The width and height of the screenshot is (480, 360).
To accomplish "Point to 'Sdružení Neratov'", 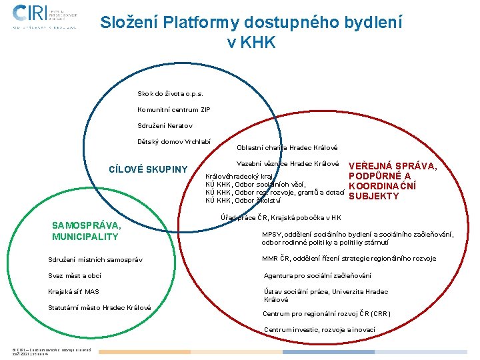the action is tap(165, 125).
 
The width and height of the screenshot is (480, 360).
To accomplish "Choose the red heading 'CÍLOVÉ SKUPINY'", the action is tap(148, 169).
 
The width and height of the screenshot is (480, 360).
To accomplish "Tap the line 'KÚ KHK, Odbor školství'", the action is tap(243, 200).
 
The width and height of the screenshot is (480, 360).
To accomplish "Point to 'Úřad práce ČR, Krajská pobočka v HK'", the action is tap(281, 217).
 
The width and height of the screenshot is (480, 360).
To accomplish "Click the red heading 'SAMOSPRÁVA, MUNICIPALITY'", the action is tap(86, 231).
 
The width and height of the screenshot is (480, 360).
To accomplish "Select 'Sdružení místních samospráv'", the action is tap(95, 259).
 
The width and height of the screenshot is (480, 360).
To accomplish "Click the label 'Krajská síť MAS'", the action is tap(74, 291).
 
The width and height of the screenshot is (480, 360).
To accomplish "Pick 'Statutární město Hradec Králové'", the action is tap(100, 307).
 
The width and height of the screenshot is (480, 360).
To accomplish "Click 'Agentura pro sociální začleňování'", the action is tap(317, 275).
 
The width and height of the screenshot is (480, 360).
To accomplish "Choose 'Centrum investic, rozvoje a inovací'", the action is tap(319, 329).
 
